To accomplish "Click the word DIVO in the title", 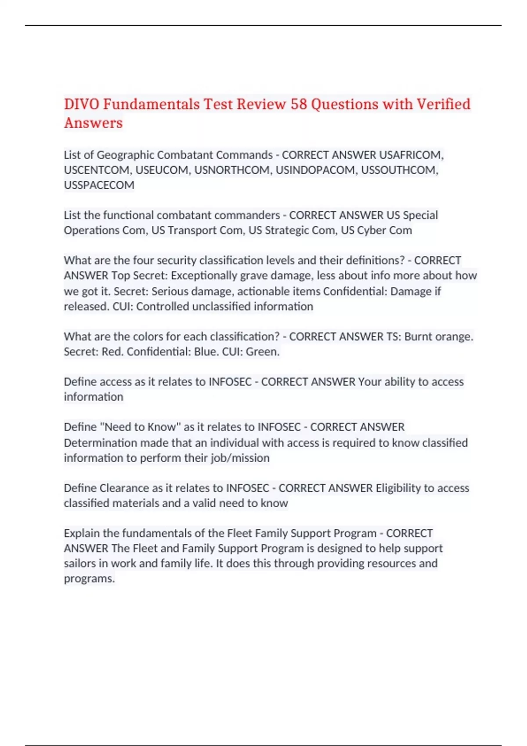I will coord(82,104).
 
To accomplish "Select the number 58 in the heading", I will coord(299,104).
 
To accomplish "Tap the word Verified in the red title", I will coord(444,104).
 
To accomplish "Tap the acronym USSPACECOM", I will coord(99,185).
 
